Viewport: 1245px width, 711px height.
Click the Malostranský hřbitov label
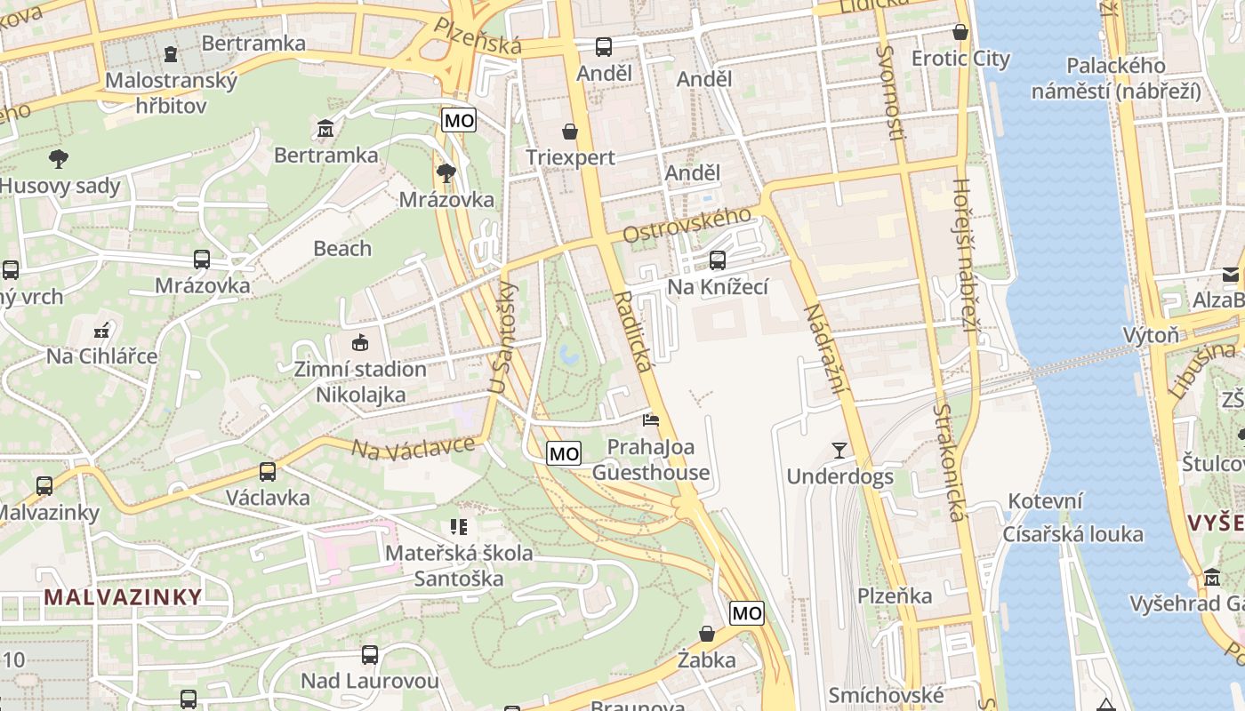coord(172,92)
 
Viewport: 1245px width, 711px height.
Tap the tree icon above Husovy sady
coord(59,159)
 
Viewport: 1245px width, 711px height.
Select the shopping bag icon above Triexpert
coord(569,132)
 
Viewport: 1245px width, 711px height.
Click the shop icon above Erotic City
coord(960,32)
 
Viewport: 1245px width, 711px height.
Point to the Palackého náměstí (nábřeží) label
coord(1116,78)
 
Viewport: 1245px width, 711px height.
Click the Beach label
coord(342,248)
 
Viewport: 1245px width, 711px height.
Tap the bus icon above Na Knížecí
coord(718,260)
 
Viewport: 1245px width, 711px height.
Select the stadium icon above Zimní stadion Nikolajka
coord(360,342)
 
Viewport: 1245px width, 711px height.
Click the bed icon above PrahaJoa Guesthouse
coord(651,419)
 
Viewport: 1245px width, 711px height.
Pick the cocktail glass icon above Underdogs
coord(839,450)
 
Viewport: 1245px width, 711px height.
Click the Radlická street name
coord(632,331)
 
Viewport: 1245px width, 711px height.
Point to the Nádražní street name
coord(825,349)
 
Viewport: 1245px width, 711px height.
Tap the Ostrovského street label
coord(687,225)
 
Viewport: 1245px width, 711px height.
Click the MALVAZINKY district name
coord(124,596)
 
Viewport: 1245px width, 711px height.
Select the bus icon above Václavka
coord(268,471)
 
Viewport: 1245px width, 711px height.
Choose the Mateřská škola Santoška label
coord(459,565)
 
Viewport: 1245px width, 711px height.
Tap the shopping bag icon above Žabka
coord(707,634)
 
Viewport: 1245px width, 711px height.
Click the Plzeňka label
coord(895,595)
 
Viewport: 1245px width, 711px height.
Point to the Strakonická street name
coord(949,462)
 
